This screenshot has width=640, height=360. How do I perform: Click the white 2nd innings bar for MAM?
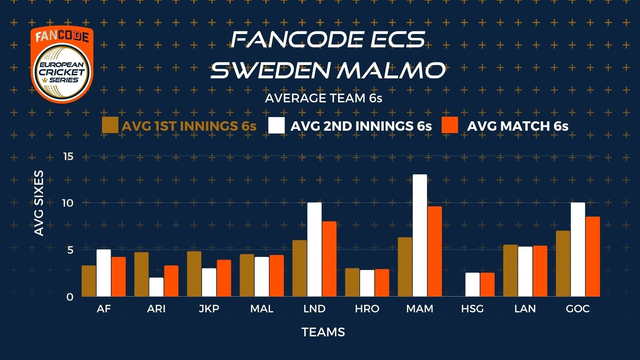point(420,235)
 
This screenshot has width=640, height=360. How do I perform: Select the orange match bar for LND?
point(329,259)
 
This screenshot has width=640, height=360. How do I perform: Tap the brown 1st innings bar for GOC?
point(563,264)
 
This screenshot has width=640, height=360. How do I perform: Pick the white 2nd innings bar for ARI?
point(156,287)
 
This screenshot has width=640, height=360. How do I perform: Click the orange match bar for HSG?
point(487,285)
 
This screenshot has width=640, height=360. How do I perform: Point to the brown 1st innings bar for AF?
point(89,281)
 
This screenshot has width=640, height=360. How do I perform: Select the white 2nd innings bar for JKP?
point(209,282)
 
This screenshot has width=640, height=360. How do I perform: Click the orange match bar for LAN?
point(540,271)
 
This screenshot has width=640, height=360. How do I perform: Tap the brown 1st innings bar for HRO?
point(352,282)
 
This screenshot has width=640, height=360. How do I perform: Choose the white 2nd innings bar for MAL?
point(262,277)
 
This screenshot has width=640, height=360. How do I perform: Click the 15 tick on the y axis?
point(68,156)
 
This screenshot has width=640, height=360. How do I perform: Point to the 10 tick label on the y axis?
point(68,203)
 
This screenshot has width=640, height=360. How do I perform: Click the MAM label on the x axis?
point(420,309)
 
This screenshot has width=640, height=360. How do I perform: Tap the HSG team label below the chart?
point(472,309)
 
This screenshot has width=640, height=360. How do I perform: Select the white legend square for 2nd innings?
point(276,125)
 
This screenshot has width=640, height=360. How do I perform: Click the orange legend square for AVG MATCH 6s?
point(450,125)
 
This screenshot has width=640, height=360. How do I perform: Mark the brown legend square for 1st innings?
point(110,125)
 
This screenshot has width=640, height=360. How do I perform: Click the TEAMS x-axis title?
point(323,332)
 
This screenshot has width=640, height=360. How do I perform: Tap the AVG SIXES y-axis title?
point(39,203)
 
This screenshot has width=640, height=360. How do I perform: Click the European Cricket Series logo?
point(62,65)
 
